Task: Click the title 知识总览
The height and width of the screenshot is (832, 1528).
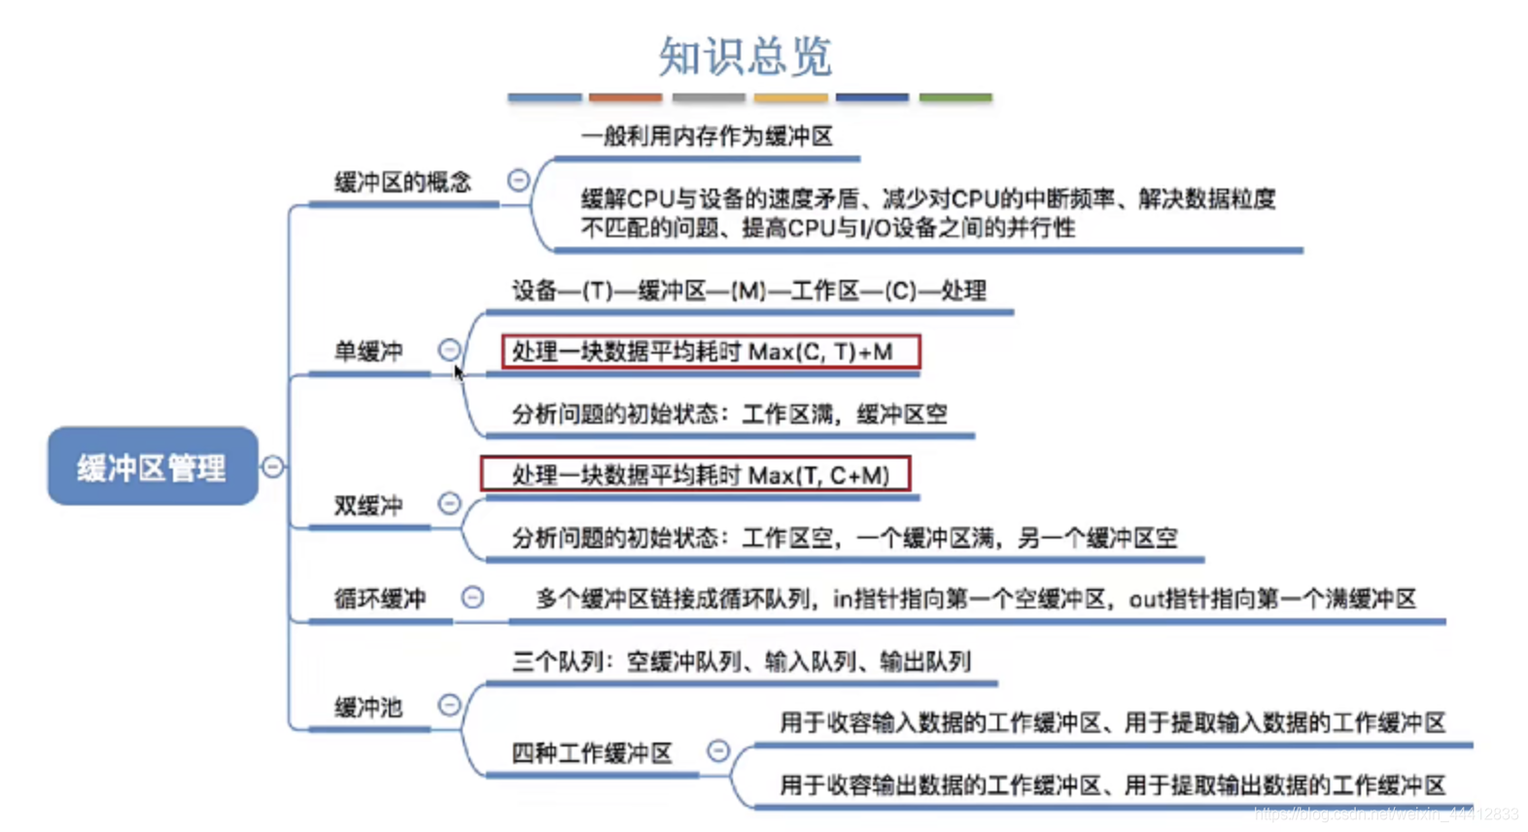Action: (x=745, y=56)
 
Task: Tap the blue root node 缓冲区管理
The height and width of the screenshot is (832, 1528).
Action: (x=153, y=467)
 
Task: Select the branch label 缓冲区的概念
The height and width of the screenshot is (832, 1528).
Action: (x=402, y=182)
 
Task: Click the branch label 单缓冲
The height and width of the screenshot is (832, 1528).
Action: (x=368, y=351)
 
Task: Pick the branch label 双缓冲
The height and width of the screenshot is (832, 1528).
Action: (x=368, y=505)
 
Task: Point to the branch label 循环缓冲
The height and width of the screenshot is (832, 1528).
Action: (x=380, y=599)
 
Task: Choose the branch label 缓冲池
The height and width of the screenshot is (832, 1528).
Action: (x=368, y=708)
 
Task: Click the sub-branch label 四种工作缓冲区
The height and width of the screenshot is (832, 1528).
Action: (x=592, y=753)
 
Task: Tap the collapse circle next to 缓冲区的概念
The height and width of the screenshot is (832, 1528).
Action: (x=519, y=180)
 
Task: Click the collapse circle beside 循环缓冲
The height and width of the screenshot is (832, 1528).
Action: (x=472, y=597)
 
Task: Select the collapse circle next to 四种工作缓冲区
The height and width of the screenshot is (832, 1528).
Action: (x=718, y=750)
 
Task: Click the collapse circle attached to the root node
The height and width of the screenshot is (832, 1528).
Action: (x=273, y=467)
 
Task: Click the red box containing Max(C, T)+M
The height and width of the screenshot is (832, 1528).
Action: (x=711, y=352)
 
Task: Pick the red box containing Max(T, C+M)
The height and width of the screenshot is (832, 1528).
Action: (x=696, y=474)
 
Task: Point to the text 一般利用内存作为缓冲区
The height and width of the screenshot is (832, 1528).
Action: (x=707, y=136)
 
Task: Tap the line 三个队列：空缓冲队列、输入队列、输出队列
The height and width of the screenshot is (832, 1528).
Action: (x=741, y=662)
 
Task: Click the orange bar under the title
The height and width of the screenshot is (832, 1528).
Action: (x=625, y=97)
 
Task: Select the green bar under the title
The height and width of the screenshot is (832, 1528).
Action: (x=955, y=97)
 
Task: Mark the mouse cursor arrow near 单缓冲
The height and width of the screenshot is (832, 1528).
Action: (x=458, y=372)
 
